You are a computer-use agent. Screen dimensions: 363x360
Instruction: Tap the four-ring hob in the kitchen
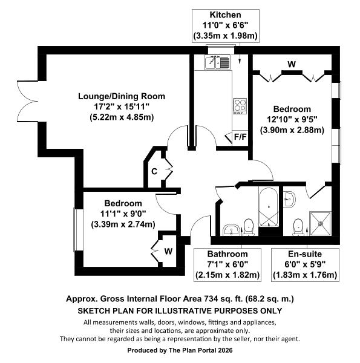[x=240, y=106]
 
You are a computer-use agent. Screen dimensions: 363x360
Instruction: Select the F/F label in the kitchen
[x=240, y=137]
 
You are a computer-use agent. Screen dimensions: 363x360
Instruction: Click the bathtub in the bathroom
[x=268, y=208]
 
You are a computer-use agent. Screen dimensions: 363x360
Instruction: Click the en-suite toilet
[x=298, y=226]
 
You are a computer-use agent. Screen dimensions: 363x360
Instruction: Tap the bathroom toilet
[x=248, y=226]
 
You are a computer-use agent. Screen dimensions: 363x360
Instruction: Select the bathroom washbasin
[x=231, y=229]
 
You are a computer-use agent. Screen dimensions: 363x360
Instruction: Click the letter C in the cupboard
[x=154, y=171]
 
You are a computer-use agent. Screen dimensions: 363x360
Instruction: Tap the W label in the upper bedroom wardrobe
[x=292, y=64]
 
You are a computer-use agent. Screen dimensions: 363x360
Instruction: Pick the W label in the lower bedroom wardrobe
[x=168, y=251]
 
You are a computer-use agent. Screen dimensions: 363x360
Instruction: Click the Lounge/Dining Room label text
[x=121, y=96]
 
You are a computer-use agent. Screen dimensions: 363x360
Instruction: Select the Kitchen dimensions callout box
[x=225, y=25]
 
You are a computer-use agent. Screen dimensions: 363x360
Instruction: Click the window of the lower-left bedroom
[x=77, y=230]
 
